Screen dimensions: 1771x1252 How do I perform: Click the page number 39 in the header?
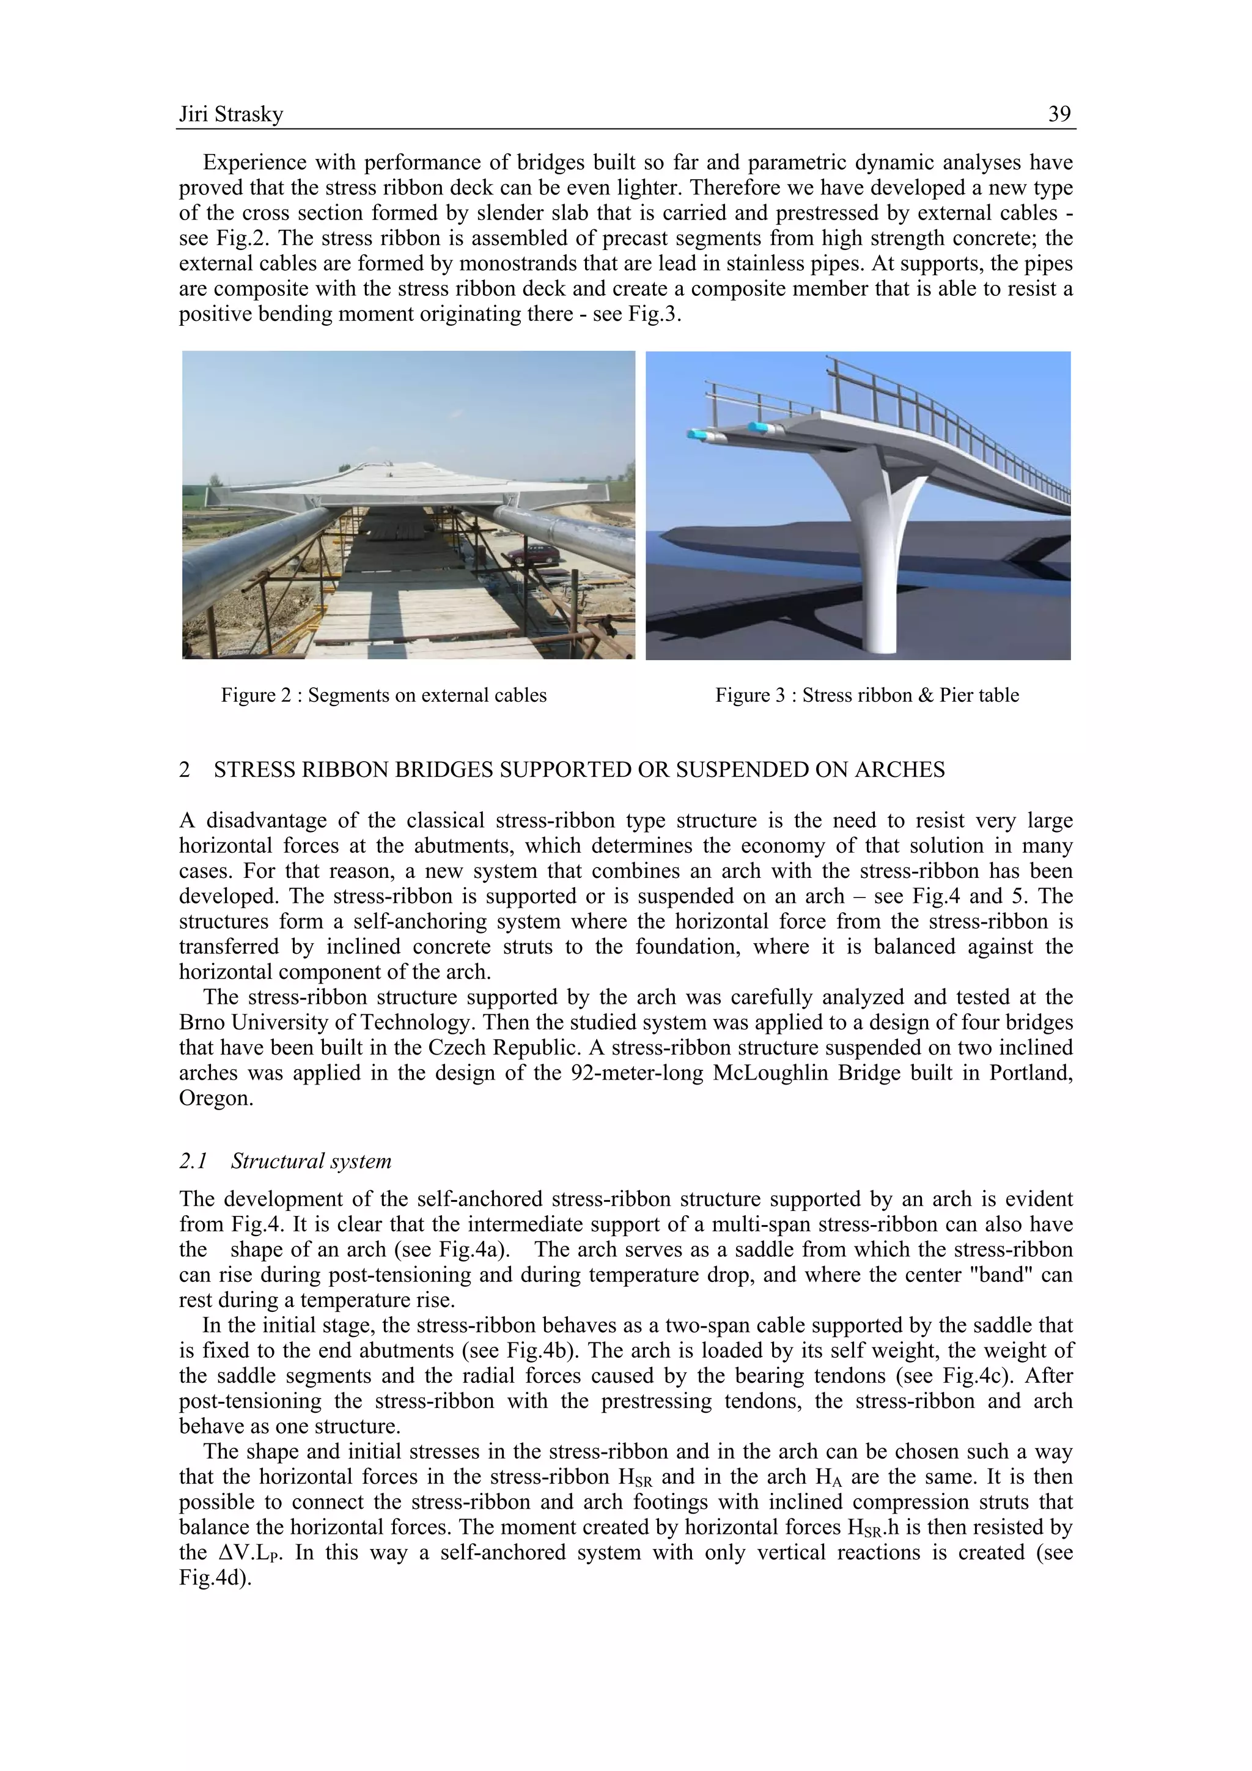(1059, 114)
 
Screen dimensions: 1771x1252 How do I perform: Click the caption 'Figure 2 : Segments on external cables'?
(383, 695)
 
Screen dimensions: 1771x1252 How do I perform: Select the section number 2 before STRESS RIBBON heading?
(185, 770)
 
